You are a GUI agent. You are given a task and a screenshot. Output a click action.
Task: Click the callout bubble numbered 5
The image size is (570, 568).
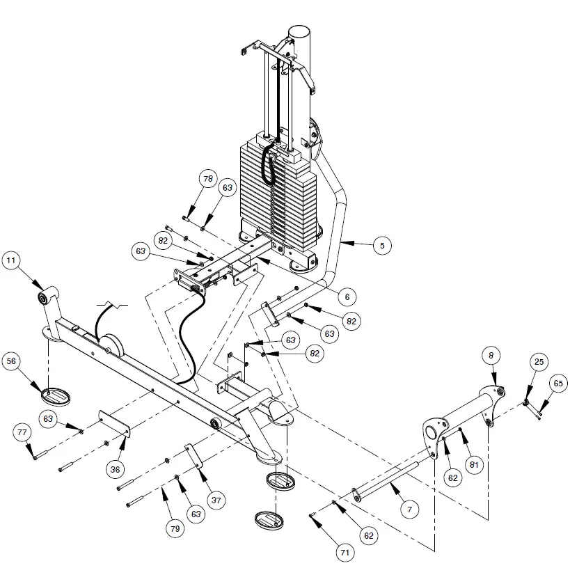tap(381, 244)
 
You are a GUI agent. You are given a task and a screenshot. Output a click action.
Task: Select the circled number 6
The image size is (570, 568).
tap(342, 296)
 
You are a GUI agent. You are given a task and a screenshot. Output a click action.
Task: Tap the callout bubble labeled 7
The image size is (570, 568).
tap(410, 510)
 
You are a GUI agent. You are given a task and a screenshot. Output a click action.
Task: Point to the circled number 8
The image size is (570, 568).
tap(491, 355)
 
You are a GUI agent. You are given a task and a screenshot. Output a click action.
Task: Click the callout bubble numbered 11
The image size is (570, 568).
tap(12, 262)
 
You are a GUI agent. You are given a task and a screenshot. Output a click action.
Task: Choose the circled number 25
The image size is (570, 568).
tap(539, 362)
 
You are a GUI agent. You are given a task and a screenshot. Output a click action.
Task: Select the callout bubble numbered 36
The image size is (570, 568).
tap(116, 469)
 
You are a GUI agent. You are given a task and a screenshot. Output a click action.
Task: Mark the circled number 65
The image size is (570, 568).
tap(557, 382)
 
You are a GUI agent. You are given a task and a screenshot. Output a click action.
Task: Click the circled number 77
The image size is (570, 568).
tap(22, 433)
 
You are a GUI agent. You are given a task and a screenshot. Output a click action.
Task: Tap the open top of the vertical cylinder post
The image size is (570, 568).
tap(300, 31)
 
